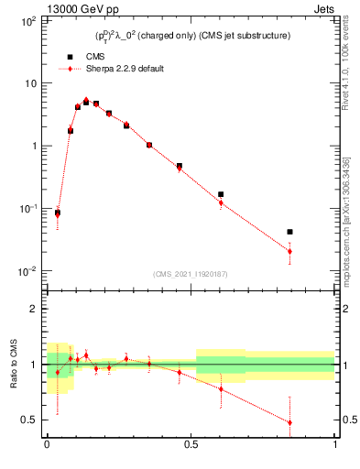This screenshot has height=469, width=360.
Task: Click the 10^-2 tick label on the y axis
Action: [27, 271]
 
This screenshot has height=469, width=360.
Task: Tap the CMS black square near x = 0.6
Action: [221, 194]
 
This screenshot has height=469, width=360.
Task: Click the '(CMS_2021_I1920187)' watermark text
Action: [190, 272]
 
